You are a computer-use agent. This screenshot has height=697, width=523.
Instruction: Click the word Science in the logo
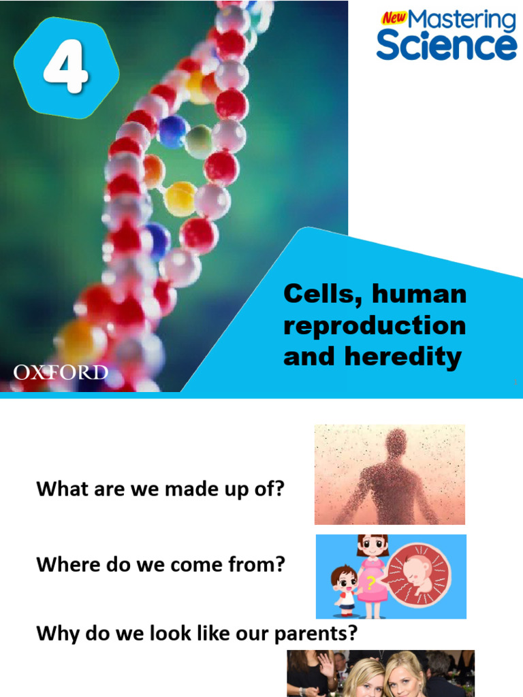tap(446, 46)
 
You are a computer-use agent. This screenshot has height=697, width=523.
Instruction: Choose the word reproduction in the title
tap(375, 326)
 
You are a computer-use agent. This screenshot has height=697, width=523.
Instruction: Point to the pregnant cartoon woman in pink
tap(372, 575)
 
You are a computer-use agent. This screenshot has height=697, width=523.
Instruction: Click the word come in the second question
tap(172, 564)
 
